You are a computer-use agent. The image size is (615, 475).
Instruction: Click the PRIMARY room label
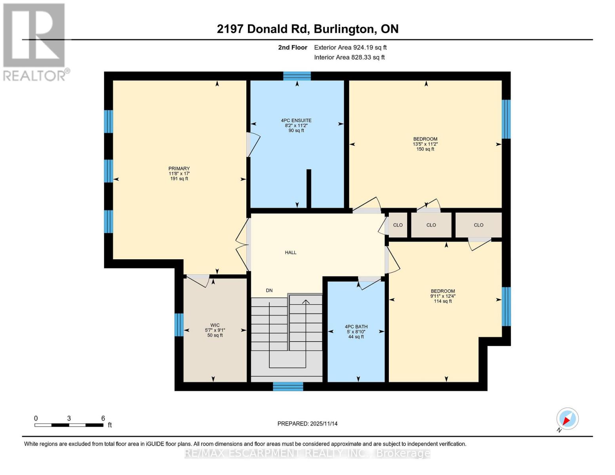click(x=179, y=169)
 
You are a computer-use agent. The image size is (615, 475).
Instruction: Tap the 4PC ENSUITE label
click(x=296, y=120)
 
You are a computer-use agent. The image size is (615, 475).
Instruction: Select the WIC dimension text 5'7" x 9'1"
click(x=215, y=330)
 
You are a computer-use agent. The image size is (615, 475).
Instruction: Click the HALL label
click(x=291, y=253)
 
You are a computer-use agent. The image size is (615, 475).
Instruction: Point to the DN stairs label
click(x=269, y=291)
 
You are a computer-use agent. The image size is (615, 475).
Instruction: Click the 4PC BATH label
click(x=356, y=327)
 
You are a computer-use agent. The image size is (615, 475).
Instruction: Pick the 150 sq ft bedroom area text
click(x=425, y=149)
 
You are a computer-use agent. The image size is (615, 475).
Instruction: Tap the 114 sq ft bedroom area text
click(x=443, y=301)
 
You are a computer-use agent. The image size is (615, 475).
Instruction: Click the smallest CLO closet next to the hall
click(x=398, y=225)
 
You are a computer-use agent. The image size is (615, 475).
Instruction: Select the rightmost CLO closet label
click(x=478, y=225)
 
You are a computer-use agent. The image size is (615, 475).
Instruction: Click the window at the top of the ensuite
click(x=297, y=76)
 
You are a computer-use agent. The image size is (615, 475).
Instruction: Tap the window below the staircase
click(x=288, y=386)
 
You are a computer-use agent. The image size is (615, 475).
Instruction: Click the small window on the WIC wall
click(x=179, y=325)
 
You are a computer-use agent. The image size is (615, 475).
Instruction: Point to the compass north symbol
click(x=567, y=419)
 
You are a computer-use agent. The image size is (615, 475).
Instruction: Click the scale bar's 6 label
click(x=103, y=418)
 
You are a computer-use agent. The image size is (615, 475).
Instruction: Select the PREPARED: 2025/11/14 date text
click(x=307, y=424)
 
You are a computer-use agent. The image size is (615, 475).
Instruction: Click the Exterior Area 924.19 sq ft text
click(x=350, y=47)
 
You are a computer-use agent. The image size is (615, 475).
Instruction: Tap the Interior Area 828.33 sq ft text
click(x=349, y=57)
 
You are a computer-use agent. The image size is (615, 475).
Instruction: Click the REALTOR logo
click(x=35, y=42)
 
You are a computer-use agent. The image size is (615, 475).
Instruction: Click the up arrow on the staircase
click(x=306, y=302)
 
